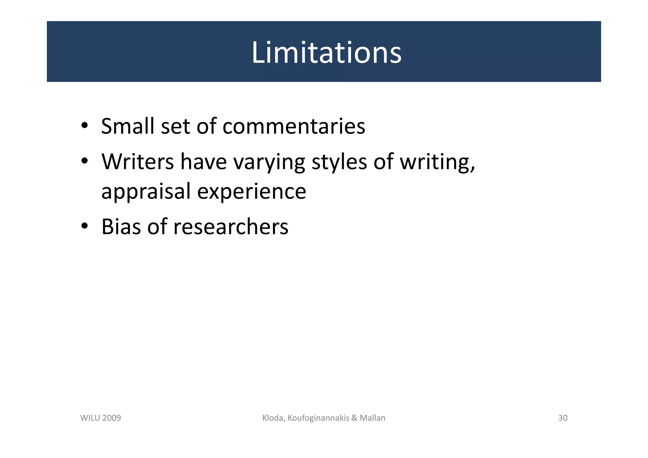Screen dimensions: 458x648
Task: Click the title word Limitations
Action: [x=326, y=53]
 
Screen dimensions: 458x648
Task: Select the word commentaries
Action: [x=294, y=126]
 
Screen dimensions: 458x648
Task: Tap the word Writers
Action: [x=137, y=161]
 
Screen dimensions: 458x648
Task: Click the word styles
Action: [x=339, y=161]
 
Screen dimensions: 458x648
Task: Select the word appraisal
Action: [x=146, y=191]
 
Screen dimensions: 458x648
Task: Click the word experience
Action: [x=252, y=191]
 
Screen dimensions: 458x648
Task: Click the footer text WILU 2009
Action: [x=101, y=418]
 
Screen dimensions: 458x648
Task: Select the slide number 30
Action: [x=563, y=418]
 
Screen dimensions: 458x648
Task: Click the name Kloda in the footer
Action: [x=274, y=418]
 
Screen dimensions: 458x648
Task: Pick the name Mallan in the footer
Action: [x=372, y=418]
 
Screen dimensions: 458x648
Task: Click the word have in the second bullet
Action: [x=203, y=161]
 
